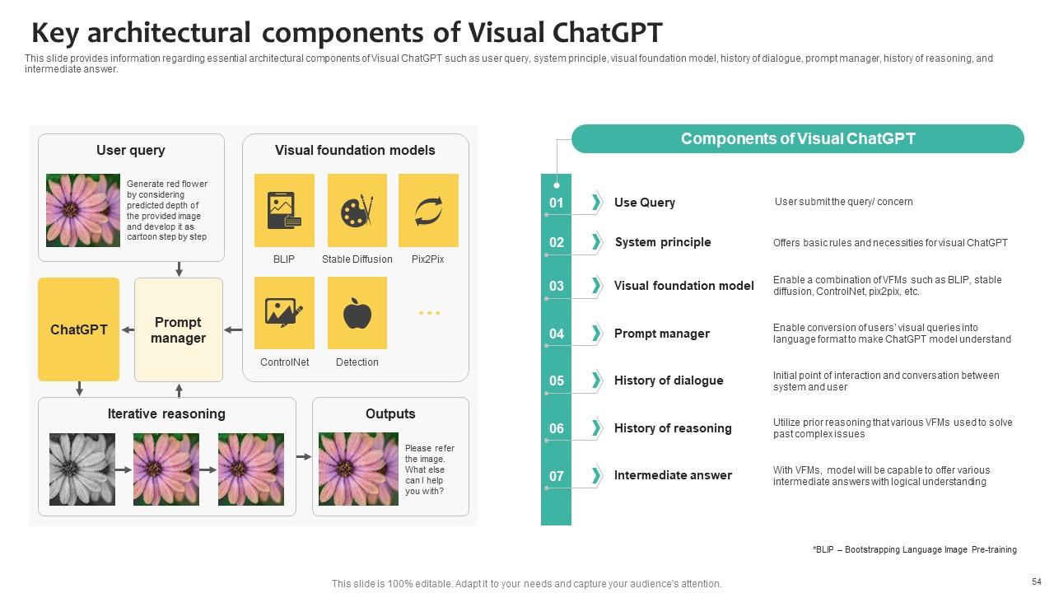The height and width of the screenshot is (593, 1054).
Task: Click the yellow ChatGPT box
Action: click(78, 329)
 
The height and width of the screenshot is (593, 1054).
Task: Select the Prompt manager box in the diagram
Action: click(178, 329)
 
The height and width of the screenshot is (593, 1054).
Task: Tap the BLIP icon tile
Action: click(284, 210)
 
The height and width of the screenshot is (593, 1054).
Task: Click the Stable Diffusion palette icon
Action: click(357, 210)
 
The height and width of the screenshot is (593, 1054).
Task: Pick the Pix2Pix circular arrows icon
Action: click(428, 210)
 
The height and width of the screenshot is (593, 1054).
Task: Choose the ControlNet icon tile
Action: click(284, 313)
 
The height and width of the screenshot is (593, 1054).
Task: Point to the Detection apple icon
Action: click(357, 313)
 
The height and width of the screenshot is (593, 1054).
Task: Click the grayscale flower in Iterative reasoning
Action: click(82, 469)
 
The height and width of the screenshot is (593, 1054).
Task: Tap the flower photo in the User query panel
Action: click(83, 210)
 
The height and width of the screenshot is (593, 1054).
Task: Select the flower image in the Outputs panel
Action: click(358, 469)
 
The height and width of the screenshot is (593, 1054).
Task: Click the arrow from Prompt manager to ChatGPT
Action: click(128, 330)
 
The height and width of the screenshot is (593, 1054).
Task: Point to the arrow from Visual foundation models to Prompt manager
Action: click(233, 330)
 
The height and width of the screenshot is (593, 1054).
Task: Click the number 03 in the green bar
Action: click(557, 286)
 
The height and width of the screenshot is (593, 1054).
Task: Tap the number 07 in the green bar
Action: click(557, 476)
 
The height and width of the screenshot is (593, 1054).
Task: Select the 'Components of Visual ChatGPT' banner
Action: click(797, 139)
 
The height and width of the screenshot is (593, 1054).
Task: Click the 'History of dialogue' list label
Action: click(669, 381)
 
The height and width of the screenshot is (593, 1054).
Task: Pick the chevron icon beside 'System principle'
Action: click(596, 242)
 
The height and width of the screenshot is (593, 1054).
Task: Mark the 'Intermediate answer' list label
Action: click(673, 475)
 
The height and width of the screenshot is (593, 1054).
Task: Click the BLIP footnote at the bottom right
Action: click(914, 549)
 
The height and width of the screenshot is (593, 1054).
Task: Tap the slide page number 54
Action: click(1036, 581)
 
